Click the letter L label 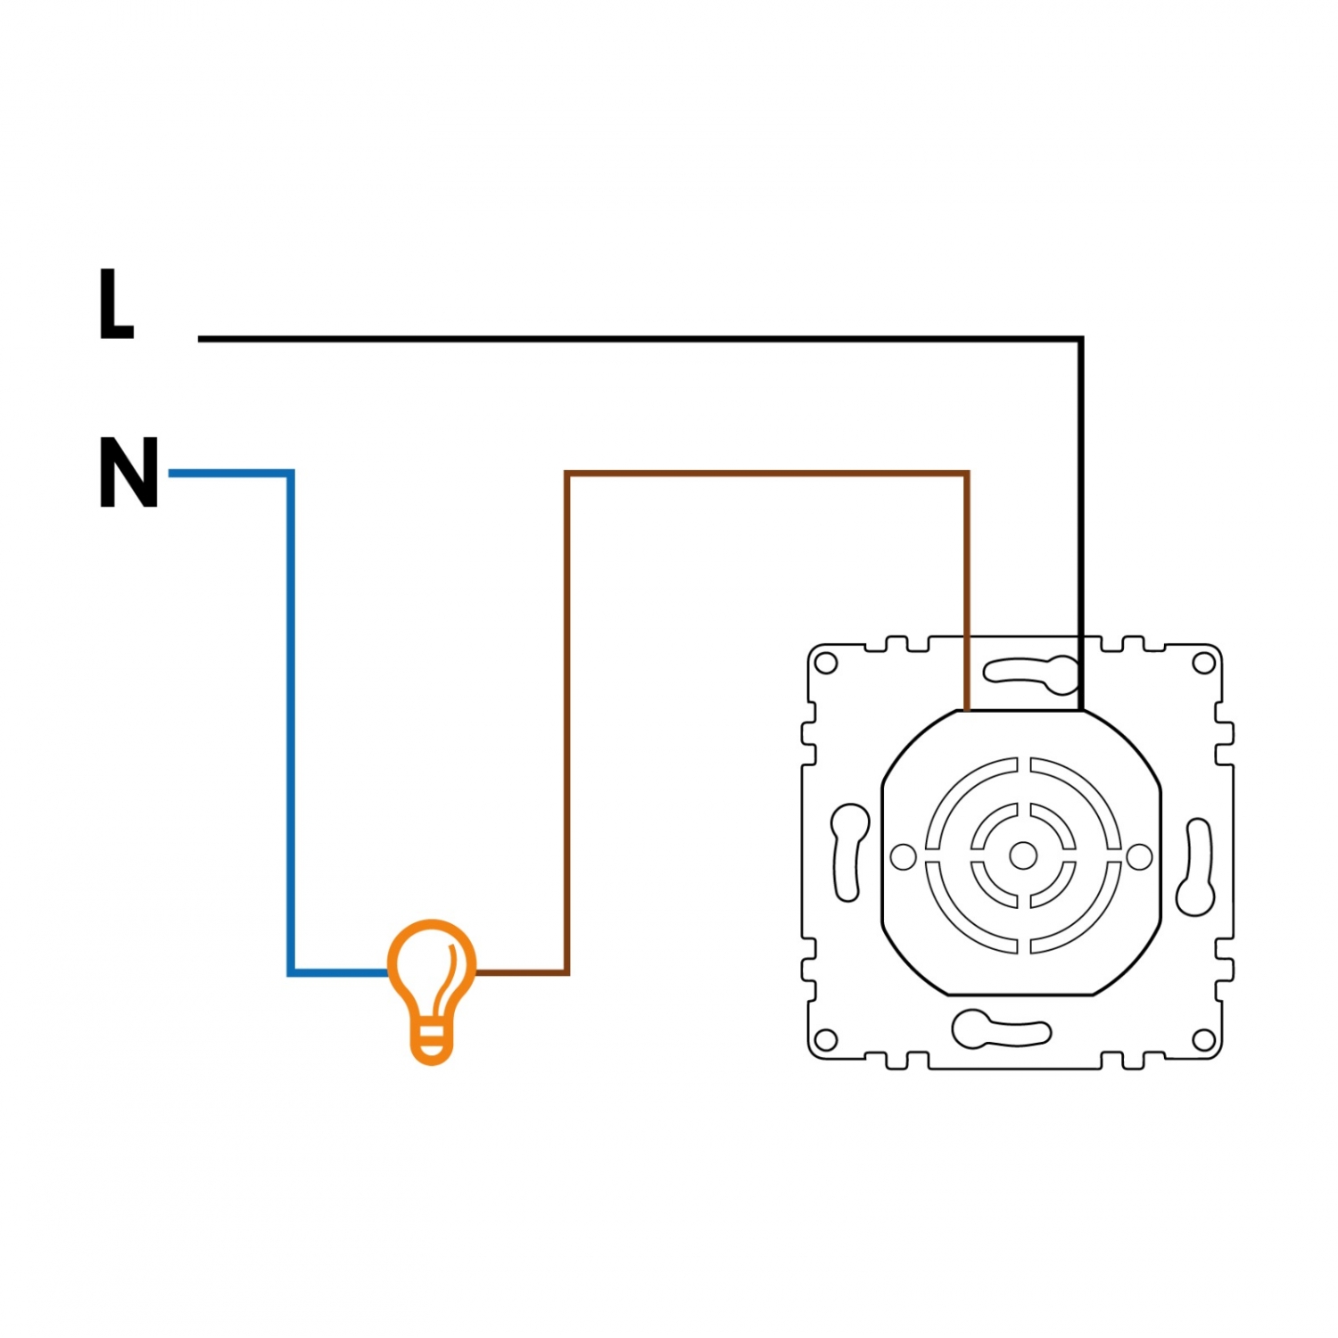115,304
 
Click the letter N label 129,472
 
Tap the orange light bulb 432,991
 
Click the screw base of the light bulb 432,1045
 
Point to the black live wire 1080,339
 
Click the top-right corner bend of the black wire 1080,339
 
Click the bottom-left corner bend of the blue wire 291,972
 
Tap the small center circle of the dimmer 1023,856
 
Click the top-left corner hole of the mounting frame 827,663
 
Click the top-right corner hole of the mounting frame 1203,663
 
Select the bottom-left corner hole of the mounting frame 827,1039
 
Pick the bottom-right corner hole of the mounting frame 1203,1039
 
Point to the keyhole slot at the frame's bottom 1000,1029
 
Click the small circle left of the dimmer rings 904,857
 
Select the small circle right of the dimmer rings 1139,857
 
